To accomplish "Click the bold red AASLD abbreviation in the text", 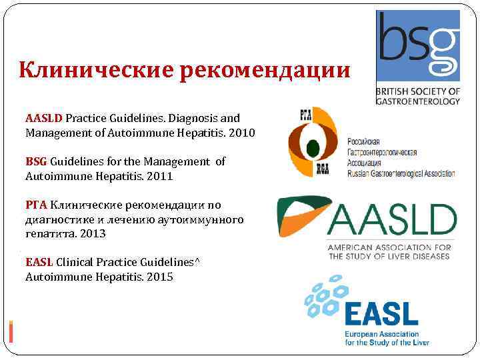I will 44,118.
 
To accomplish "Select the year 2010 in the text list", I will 241,133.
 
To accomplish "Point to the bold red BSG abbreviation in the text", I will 37,161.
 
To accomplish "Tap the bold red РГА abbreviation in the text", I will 37,205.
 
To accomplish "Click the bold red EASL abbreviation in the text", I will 39,262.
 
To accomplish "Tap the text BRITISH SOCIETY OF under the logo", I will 418,91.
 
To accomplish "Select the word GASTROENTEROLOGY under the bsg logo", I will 418,101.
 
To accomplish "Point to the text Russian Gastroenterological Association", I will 401,174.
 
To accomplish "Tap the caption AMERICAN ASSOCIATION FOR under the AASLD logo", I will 389,248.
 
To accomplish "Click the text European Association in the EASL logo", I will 382,334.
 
